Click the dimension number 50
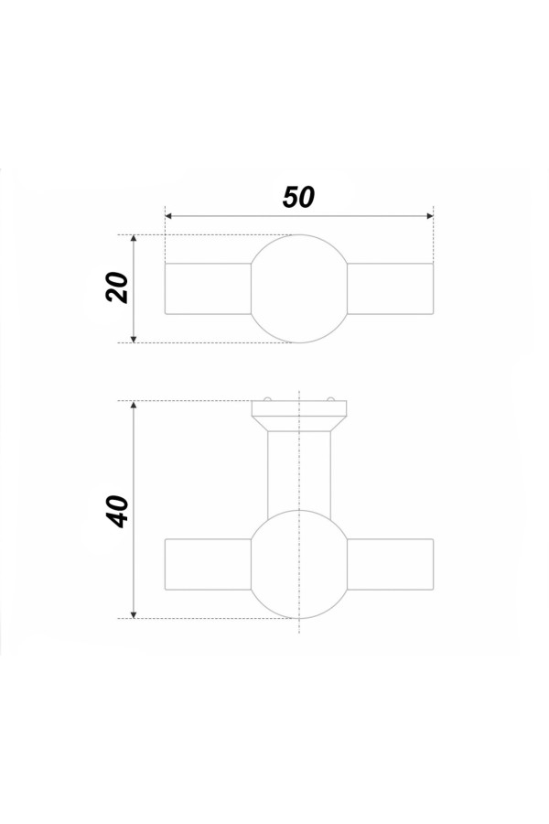[x=298, y=197]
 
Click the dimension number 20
[x=117, y=287]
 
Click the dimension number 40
[x=117, y=511]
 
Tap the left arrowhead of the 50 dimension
[x=168, y=216]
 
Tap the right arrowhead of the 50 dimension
[x=430, y=216]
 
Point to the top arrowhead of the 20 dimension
[x=134, y=239]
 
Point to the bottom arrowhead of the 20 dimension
[x=134, y=339]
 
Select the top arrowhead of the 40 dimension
[x=134, y=405]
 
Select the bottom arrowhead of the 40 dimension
[x=134, y=615]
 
